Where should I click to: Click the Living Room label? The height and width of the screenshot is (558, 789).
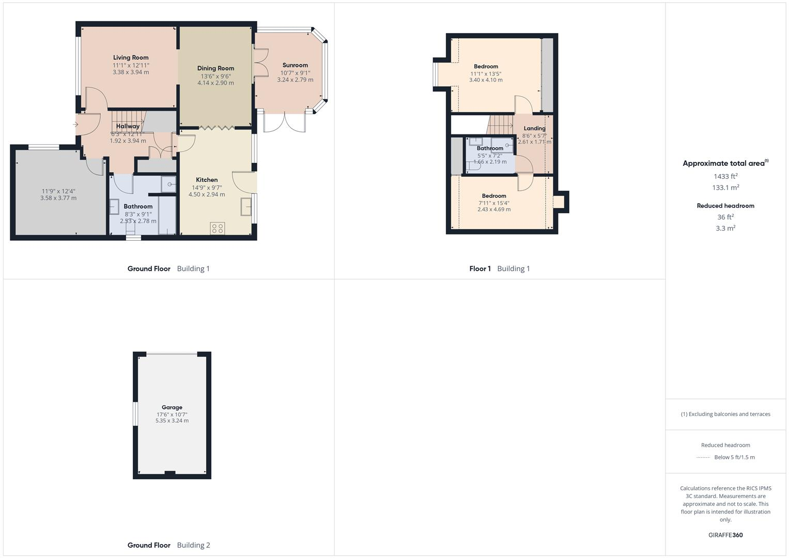pyautogui.click(x=131, y=58)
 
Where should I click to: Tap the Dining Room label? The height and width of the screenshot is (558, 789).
pyautogui.click(x=215, y=68)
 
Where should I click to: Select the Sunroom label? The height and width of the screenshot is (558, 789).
pyautogui.click(x=295, y=65)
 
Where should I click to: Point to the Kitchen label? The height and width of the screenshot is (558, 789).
pyautogui.click(x=207, y=180)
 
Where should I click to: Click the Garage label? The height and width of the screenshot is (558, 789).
pyautogui.click(x=172, y=407)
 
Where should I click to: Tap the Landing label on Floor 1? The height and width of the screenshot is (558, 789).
pyautogui.click(x=534, y=129)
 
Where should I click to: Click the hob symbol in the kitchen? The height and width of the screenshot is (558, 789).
pyautogui.click(x=218, y=228)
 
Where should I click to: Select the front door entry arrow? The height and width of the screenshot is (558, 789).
pyautogui.click(x=75, y=124)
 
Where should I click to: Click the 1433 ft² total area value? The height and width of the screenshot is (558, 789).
pyautogui.click(x=725, y=176)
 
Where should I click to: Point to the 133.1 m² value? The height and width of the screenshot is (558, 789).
pyautogui.click(x=725, y=188)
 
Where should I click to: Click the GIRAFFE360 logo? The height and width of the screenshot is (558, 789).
pyautogui.click(x=725, y=535)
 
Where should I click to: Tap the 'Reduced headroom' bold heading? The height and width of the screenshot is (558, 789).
pyautogui.click(x=725, y=206)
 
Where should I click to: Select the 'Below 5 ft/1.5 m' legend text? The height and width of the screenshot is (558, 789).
pyautogui.click(x=734, y=457)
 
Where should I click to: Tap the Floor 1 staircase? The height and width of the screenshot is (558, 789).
pyautogui.click(x=500, y=125)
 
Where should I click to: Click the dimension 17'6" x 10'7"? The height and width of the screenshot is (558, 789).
pyautogui.click(x=172, y=414)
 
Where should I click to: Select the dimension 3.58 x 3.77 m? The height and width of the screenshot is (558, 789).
pyautogui.click(x=58, y=198)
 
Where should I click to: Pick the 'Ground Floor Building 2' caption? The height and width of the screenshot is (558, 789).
pyautogui.click(x=169, y=545)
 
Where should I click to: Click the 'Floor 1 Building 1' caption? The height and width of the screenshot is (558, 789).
pyautogui.click(x=500, y=269)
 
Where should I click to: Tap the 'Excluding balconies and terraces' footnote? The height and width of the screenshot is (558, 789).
pyautogui.click(x=725, y=414)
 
